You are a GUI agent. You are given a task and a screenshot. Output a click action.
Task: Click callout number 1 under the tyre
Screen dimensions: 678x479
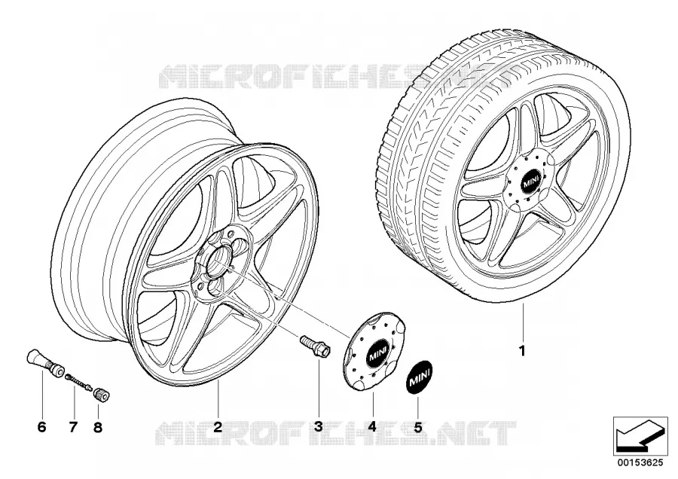coord(522,351)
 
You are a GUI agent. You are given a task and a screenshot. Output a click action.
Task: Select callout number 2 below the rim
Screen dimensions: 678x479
coord(218,427)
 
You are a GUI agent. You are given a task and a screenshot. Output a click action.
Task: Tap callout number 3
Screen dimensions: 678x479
coord(319,427)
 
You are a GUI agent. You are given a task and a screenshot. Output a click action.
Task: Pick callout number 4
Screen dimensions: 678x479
coord(372,427)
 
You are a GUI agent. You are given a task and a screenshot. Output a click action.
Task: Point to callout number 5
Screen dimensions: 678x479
coord(417,427)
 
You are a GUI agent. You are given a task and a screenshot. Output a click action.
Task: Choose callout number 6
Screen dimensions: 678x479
coord(41,427)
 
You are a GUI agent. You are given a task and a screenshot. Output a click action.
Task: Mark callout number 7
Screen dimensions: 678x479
coord(73,427)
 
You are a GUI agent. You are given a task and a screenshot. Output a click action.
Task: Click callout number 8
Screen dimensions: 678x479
coord(98,427)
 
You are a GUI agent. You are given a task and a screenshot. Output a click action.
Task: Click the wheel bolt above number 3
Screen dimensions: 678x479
coord(315,346)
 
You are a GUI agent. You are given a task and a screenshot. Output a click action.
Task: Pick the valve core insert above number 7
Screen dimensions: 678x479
coord(78,381)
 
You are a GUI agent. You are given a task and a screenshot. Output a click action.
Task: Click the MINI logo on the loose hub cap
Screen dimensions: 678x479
coord(378,354)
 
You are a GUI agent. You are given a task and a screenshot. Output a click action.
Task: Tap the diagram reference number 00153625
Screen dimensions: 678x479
coord(640,462)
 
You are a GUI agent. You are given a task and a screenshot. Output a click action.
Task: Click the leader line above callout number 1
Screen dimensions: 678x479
coord(522,322)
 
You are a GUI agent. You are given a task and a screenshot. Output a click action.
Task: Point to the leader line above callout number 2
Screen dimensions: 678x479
coord(218,399)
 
